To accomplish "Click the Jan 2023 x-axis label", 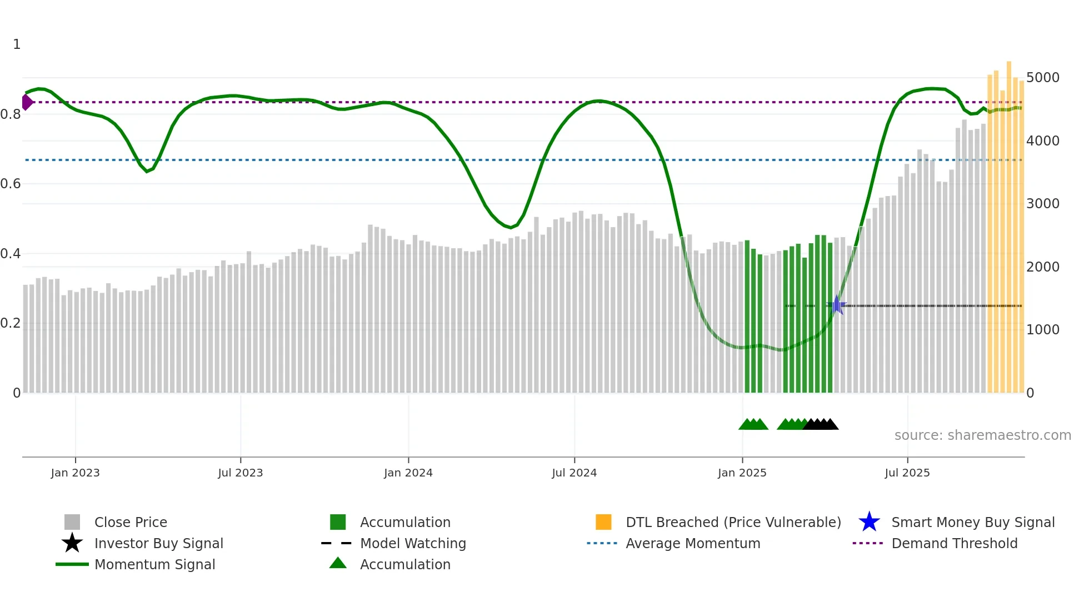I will point(75,473).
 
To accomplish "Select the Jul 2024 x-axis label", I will point(574,473).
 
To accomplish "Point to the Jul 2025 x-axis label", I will point(907,473).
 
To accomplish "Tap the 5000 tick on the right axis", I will point(1042,78).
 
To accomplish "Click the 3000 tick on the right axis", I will point(1042,204).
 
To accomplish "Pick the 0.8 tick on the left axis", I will point(11,114).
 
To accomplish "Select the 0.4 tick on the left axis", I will point(11,254).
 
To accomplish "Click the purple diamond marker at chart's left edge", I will point(27,102).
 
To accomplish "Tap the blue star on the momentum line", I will point(837,305).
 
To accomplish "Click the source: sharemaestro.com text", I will point(982,435).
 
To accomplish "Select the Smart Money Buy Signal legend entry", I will point(972,522).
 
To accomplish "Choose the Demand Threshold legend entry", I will point(954,543).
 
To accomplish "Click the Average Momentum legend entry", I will point(692,543).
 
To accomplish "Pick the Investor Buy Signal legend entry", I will point(158,543).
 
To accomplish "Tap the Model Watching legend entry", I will point(412,543).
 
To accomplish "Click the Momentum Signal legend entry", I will point(154,564).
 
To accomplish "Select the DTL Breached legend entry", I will point(733,522).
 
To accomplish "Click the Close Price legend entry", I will point(130,522).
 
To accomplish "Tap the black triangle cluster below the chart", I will point(821,424).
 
